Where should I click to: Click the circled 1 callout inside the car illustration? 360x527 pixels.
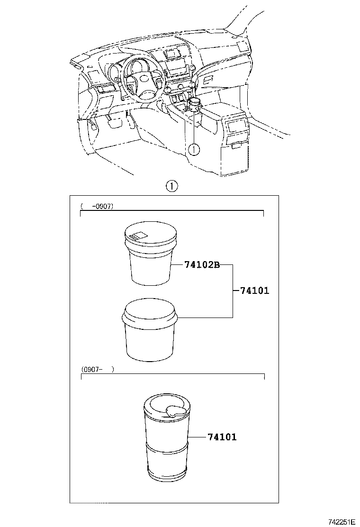coord(195,149)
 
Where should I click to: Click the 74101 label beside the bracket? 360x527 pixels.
coord(254,291)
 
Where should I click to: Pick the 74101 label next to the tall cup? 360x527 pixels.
coord(222,437)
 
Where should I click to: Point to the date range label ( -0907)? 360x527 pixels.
coord(97,206)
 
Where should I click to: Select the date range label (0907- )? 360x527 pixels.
coord(98,370)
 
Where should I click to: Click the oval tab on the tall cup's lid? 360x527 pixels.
coord(175,410)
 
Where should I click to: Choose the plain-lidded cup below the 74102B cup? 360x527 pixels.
coord(149,332)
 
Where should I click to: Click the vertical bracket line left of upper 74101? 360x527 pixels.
coord(232,291)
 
